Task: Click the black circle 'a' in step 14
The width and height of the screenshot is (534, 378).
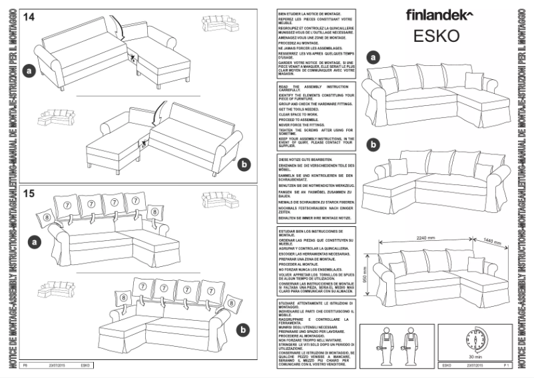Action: (28, 69)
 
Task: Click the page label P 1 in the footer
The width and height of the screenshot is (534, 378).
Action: (506, 365)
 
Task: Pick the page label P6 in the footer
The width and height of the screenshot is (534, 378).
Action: (25, 365)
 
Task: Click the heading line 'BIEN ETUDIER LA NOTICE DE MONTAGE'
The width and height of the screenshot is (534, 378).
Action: (310, 13)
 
